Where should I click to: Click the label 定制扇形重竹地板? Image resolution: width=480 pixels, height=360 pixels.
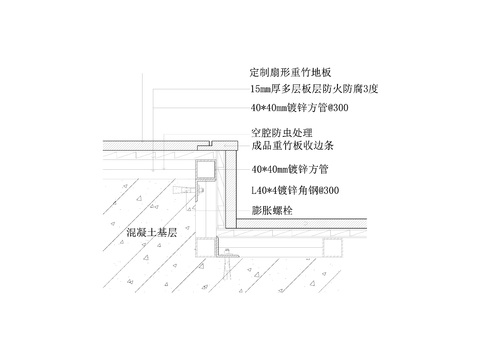point(289,73)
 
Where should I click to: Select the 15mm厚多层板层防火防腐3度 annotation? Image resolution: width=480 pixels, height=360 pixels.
point(316,89)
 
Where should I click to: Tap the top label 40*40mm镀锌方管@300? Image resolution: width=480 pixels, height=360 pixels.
point(299,108)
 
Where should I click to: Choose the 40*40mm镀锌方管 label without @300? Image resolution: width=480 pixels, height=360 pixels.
point(291,170)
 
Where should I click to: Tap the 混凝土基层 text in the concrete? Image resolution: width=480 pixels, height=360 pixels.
point(151,233)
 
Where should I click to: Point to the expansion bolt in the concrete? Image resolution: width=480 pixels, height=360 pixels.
point(188,187)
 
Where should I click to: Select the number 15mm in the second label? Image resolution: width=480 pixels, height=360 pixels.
point(261,89)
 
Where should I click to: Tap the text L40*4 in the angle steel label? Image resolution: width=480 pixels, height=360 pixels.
point(265,190)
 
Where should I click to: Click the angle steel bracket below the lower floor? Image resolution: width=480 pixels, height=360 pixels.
point(229,260)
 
